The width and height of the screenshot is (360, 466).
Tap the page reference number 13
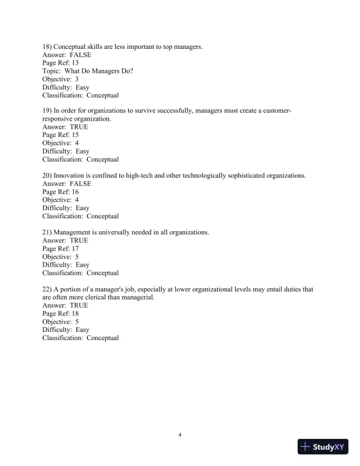pos(75,63)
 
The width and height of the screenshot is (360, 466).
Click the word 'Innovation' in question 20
pos(70,175)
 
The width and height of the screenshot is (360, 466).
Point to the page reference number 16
pos(75,192)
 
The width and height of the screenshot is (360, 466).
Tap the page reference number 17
pos(75,248)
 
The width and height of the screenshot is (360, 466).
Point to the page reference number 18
pos(75,314)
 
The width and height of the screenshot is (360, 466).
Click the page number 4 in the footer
pos(180,435)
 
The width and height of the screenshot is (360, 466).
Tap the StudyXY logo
pos(324,447)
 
